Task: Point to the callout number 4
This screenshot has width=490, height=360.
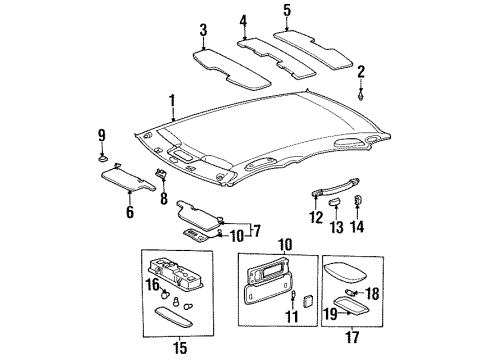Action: (x=243, y=20)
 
